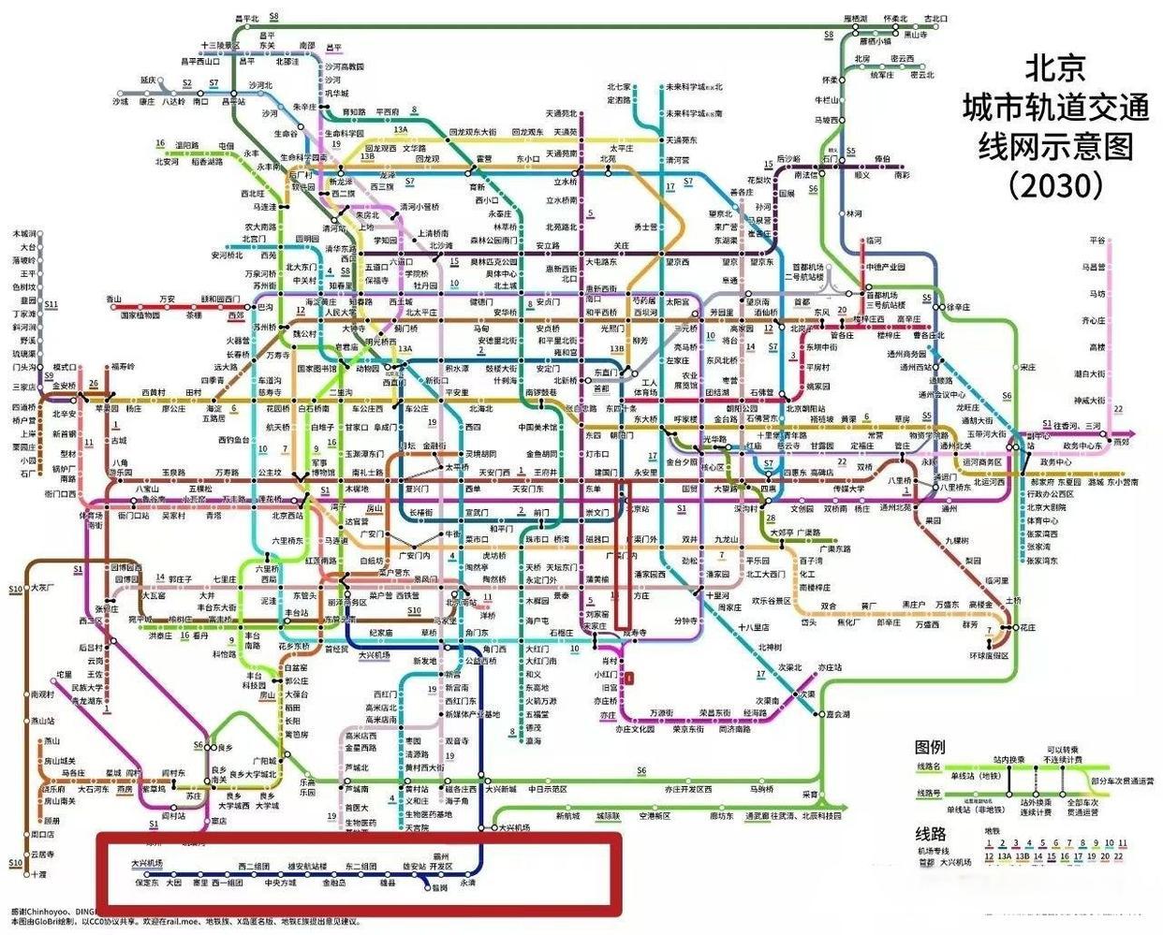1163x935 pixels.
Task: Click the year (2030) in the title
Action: pyautogui.click(x=1055, y=185)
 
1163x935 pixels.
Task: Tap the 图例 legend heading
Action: pyautogui.click(x=930, y=747)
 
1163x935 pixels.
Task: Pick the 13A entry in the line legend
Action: pyautogui.click(x=1004, y=855)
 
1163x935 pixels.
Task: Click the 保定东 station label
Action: pyautogui.click(x=147, y=883)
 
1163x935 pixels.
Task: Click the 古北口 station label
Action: pyautogui.click(x=935, y=19)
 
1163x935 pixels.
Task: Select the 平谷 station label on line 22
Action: pyautogui.click(x=1097, y=241)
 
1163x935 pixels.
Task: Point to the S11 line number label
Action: pyautogui.click(x=51, y=304)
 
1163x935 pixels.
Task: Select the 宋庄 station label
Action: pyautogui.click(x=1028, y=368)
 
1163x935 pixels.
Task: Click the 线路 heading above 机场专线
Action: pyautogui.click(x=930, y=833)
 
